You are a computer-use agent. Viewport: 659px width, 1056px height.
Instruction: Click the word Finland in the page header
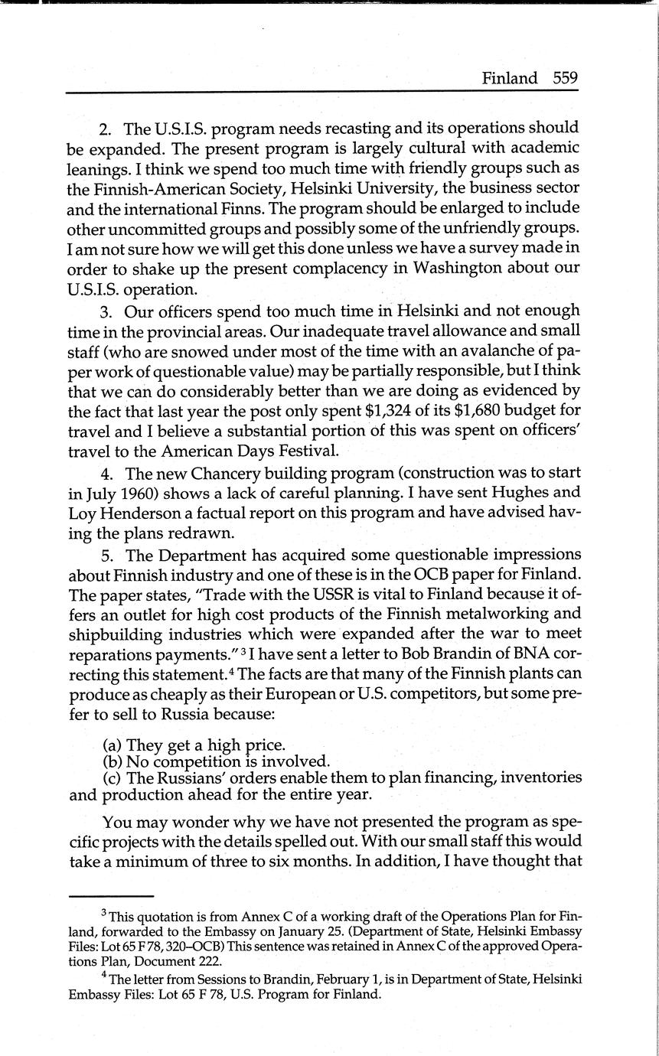tap(509, 78)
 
